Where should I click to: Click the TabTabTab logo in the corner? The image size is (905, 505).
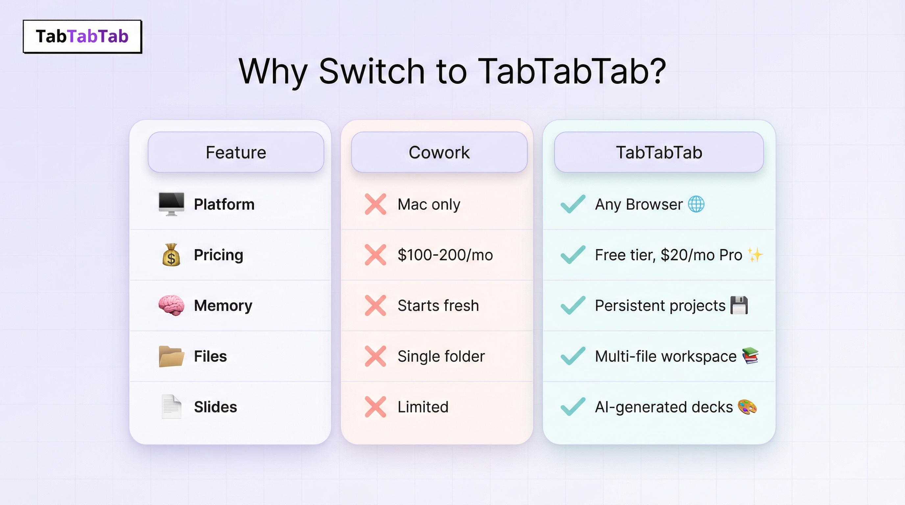(x=82, y=36)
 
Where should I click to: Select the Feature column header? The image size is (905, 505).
(x=236, y=152)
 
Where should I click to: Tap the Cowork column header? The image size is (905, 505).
(x=439, y=152)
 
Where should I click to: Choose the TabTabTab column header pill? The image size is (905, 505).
(x=659, y=152)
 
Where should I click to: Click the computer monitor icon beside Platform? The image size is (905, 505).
(x=171, y=204)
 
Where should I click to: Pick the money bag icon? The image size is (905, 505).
(x=171, y=254)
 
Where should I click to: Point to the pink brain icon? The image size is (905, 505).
(x=171, y=305)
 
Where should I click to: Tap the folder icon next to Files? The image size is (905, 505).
(x=171, y=356)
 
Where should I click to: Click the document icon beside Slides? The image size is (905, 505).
(x=171, y=407)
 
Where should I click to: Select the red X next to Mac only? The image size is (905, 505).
(x=375, y=204)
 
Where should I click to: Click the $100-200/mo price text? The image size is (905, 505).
(x=445, y=255)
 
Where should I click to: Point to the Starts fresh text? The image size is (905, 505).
(x=438, y=305)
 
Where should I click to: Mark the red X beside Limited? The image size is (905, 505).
(x=375, y=407)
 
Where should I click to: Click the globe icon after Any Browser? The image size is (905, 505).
(x=696, y=204)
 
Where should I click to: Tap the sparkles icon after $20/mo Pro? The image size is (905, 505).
(x=755, y=254)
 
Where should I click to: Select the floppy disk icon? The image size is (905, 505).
(x=739, y=305)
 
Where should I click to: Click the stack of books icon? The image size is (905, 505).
(x=750, y=356)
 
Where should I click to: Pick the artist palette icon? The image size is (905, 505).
(x=747, y=407)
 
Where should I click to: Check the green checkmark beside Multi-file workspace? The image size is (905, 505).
(x=573, y=356)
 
